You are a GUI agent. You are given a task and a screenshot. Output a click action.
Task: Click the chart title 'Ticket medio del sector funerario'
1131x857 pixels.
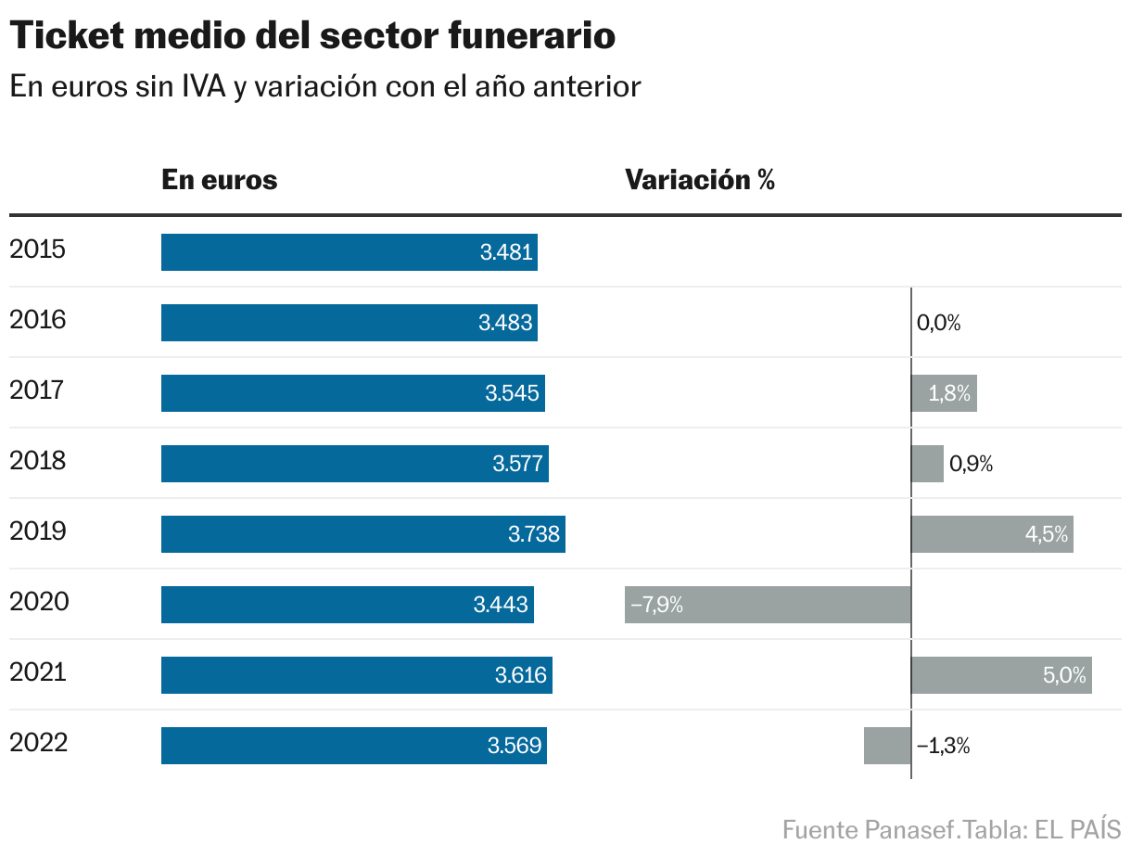(x=312, y=37)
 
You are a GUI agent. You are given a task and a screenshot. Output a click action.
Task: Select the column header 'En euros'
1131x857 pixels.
(x=220, y=179)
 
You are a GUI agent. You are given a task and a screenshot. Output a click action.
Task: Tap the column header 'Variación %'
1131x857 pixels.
(x=700, y=179)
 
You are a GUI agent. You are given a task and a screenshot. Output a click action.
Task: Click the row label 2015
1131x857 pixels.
(x=37, y=249)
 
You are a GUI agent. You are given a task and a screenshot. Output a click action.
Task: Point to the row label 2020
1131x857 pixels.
(x=39, y=602)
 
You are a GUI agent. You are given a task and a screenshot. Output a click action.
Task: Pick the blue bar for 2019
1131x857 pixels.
(x=362, y=534)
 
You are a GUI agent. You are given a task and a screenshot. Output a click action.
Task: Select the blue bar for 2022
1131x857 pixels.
(x=353, y=746)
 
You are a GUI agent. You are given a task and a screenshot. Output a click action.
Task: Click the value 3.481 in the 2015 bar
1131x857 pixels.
(x=506, y=252)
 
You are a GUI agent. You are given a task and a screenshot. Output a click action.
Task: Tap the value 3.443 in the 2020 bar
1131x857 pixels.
(x=501, y=605)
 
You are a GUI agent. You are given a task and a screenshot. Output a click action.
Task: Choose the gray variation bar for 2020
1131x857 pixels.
(x=768, y=605)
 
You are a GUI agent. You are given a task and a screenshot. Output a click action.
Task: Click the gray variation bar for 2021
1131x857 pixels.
(x=1001, y=675)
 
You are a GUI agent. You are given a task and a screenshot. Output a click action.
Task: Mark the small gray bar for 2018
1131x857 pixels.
(x=927, y=464)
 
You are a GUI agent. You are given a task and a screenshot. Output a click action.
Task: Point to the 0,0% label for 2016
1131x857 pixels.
(x=938, y=324)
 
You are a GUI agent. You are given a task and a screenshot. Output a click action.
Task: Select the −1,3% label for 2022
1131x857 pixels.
(x=943, y=746)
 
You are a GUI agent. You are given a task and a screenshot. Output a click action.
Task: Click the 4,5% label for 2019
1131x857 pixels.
(x=1046, y=535)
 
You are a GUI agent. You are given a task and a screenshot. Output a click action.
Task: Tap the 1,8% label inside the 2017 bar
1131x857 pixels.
(x=949, y=394)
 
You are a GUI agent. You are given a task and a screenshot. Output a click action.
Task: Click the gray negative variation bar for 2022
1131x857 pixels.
(x=887, y=746)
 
